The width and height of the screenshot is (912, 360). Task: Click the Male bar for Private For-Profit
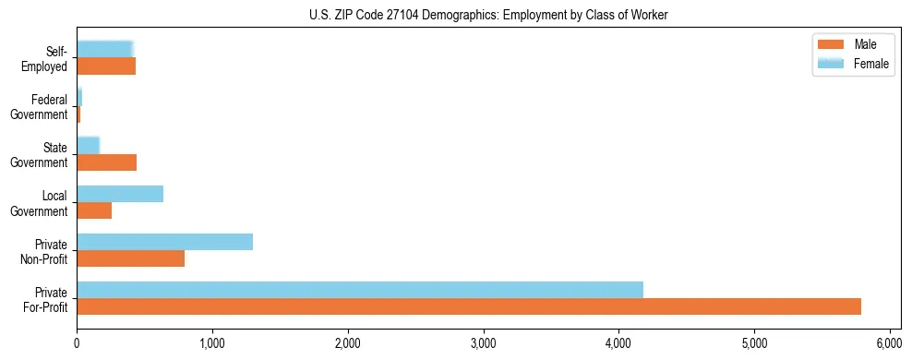469,306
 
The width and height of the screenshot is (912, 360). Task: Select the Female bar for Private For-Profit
360,290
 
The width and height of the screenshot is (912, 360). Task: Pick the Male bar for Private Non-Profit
130,258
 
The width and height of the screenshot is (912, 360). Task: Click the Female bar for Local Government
120,194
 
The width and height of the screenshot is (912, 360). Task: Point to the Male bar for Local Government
94,210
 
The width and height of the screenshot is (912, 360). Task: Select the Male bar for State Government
106,162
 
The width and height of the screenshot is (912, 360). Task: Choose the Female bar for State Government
88,146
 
